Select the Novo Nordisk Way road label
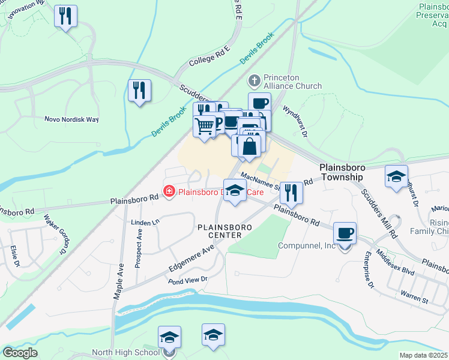[x=71, y=119]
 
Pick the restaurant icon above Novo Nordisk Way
[x=139, y=91]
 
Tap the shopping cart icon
[x=205, y=127]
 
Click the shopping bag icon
[x=249, y=146]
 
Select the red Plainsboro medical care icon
[x=169, y=193]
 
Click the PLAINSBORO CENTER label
[x=220, y=231]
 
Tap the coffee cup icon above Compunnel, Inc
[x=344, y=233]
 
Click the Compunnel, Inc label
[x=307, y=246]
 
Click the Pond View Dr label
[x=187, y=280]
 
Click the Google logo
[x=19, y=353]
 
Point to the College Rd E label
[x=209, y=56]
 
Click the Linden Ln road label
[x=144, y=223]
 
